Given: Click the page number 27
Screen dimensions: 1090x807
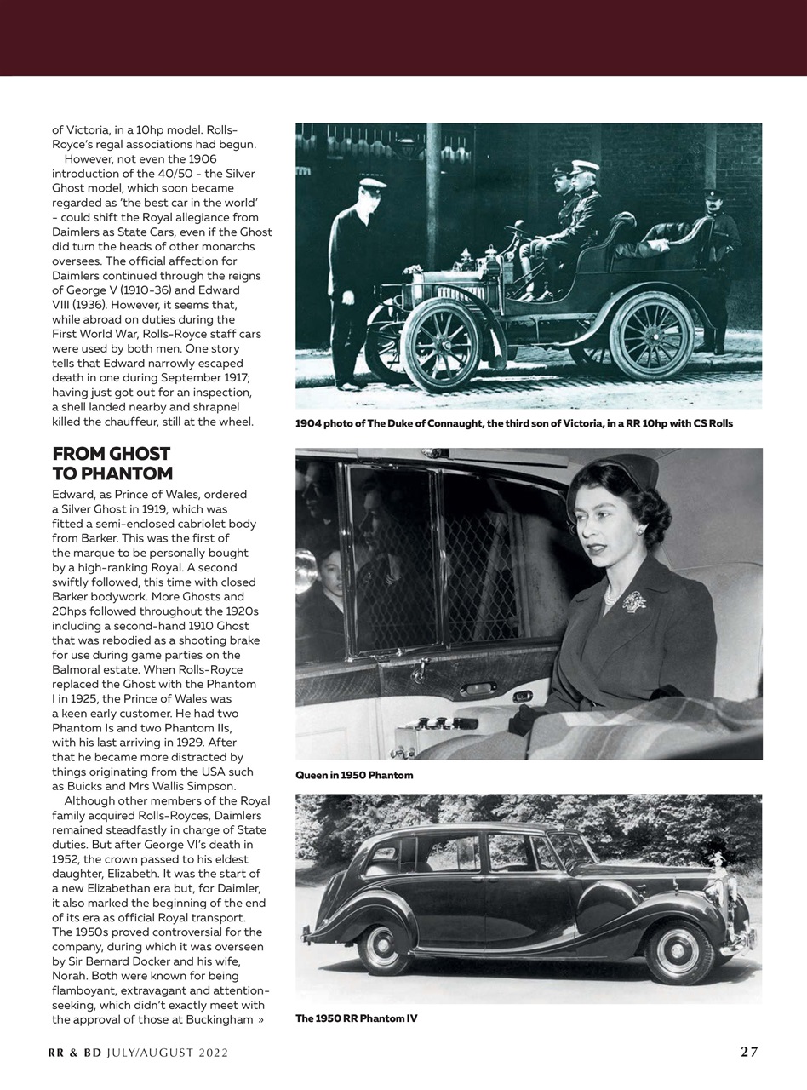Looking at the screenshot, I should point(748,1052).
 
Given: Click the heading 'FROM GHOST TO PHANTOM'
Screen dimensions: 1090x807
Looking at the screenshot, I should point(112,463).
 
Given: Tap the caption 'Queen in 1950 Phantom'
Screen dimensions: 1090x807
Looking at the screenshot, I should point(354,776).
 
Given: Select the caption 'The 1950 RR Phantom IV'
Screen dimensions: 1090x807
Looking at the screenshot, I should point(356,1018).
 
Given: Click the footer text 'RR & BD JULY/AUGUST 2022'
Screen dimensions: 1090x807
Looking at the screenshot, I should point(137,1053).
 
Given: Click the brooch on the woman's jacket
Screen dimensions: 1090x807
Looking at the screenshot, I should point(633,601).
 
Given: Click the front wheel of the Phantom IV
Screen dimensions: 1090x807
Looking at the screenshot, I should point(678,951).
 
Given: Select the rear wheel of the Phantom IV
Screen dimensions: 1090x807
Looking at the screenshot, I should point(385,949).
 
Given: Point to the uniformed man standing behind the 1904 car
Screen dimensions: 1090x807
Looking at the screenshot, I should point(720,264).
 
